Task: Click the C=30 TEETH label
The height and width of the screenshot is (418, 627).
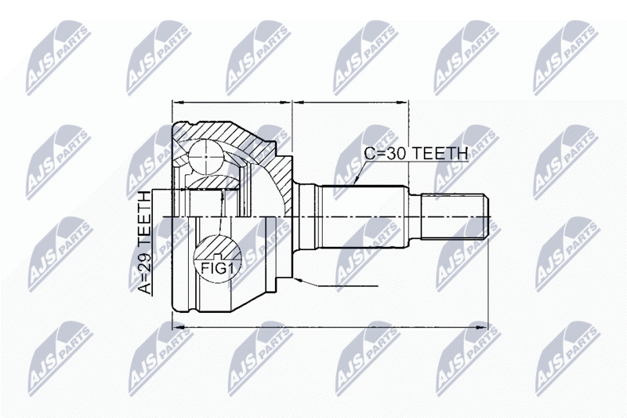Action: point(416,153)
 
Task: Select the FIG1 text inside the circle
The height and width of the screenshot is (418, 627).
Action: point(217,269)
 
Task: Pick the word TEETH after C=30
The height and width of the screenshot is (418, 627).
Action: point(440,153)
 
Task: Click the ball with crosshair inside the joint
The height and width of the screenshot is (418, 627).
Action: point(205,156)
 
